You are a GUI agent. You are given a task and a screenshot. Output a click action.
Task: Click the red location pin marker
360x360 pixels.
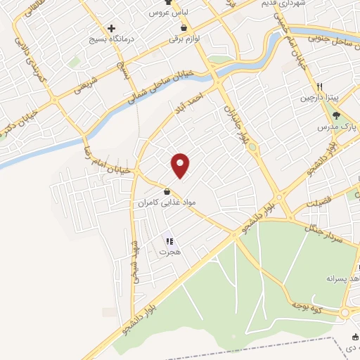pos(181,165)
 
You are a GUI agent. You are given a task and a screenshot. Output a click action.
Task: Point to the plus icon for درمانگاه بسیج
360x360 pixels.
pos(111,28)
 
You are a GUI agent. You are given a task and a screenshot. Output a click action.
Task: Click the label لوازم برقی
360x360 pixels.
pos(184,39)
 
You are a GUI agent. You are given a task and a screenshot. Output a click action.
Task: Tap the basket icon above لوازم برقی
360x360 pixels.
pos(184,28)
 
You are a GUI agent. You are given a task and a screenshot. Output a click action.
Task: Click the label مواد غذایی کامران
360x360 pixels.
pos(165,202)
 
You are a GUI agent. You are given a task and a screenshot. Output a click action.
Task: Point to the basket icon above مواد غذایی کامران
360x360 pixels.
pos(166,191)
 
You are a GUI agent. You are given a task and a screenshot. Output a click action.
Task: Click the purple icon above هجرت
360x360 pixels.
pos(169,241)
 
